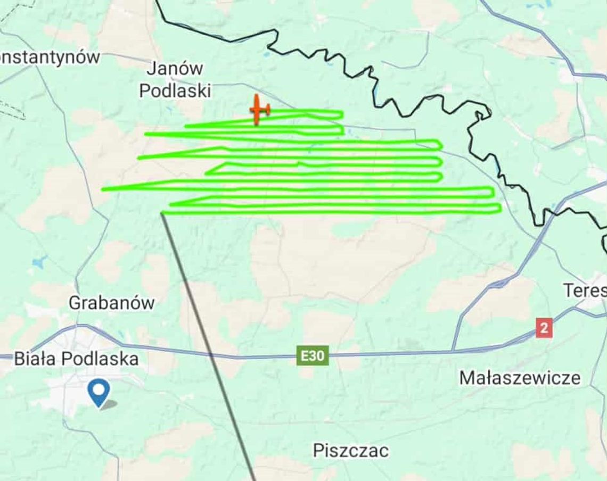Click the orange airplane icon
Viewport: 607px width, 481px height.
(259, 110)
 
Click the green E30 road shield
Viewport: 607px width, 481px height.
(312, 356)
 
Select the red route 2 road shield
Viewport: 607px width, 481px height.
(544, 328)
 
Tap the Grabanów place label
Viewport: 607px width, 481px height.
(111, 303)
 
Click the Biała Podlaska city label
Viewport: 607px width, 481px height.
(76, 359)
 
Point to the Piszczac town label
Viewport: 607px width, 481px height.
(350, 451)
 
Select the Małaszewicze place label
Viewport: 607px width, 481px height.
(520, 378)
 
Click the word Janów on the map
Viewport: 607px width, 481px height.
(175, 69)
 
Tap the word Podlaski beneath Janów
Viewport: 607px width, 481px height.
(175, 91)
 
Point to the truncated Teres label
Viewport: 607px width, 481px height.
(585, 291)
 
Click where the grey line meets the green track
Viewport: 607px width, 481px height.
(162, 213)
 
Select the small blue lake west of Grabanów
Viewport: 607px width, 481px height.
(39, 262)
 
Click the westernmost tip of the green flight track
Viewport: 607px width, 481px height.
(103, 189)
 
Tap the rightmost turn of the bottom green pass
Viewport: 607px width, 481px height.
(499, 208)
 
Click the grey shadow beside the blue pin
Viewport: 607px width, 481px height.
(109, 404)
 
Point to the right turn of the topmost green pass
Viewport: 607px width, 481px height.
(341, 114)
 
